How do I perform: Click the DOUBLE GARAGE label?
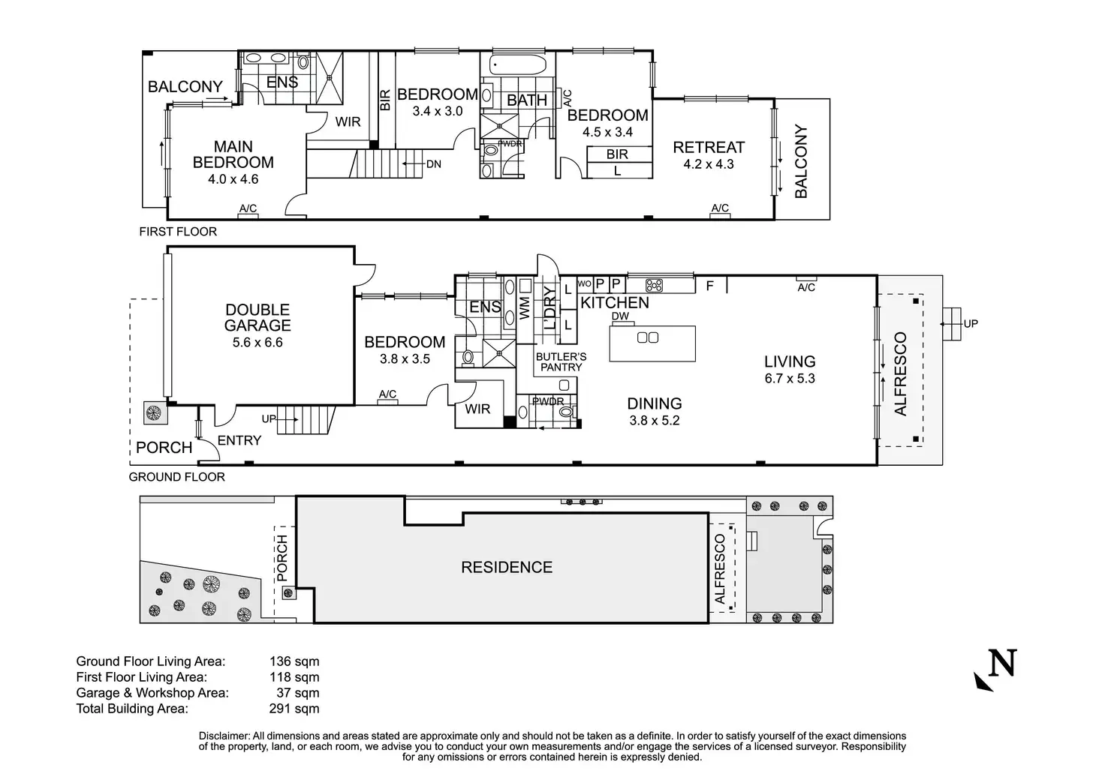[x=257, y=317]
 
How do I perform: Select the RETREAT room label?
[x=708, y=147]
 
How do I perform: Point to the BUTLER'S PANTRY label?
[x=561, y=361]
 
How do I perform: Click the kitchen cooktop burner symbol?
[x=655, y=285]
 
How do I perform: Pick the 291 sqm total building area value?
[x=294, y=708]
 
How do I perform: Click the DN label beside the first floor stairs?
[x=433, y=164]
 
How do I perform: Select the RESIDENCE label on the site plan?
[x=507, y=567]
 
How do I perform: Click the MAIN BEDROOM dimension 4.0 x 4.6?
[x=233, y=179]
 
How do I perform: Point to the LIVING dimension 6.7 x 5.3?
[x=790, y=379]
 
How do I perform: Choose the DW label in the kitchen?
[x=620, y=316]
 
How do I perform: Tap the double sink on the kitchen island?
[x=647, y=337]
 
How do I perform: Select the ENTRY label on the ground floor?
[x=239, y=440]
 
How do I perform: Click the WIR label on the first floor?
[x=348, y=121]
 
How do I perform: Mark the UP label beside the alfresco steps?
[x=971, y=324]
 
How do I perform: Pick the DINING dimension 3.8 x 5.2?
[x=654, y=421]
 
